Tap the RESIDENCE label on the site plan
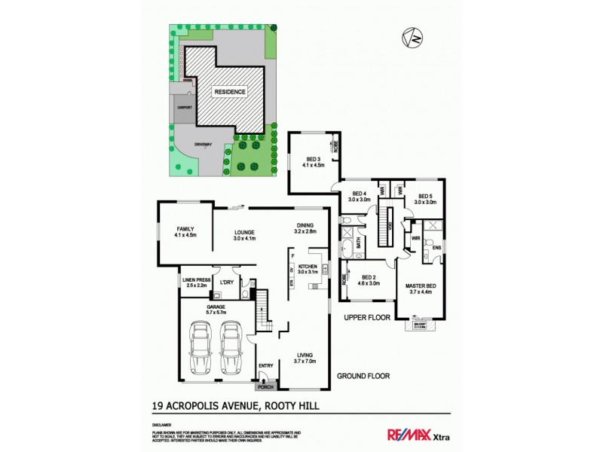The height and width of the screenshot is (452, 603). [x=230, y=91]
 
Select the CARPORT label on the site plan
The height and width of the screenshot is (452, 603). [x=184, y=108]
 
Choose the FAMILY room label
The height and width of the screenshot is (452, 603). [x=185, y=231]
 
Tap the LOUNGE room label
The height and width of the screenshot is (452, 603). [x=244, y=234]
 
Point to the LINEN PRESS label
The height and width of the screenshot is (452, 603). [x=195, y=282]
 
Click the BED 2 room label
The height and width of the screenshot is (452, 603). [x=369, y=279]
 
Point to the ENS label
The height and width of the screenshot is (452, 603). [x=436, y=246]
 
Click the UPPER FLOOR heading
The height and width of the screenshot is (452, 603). [x=367, y=318]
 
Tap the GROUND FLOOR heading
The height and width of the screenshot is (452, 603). [x=363, y=375]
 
